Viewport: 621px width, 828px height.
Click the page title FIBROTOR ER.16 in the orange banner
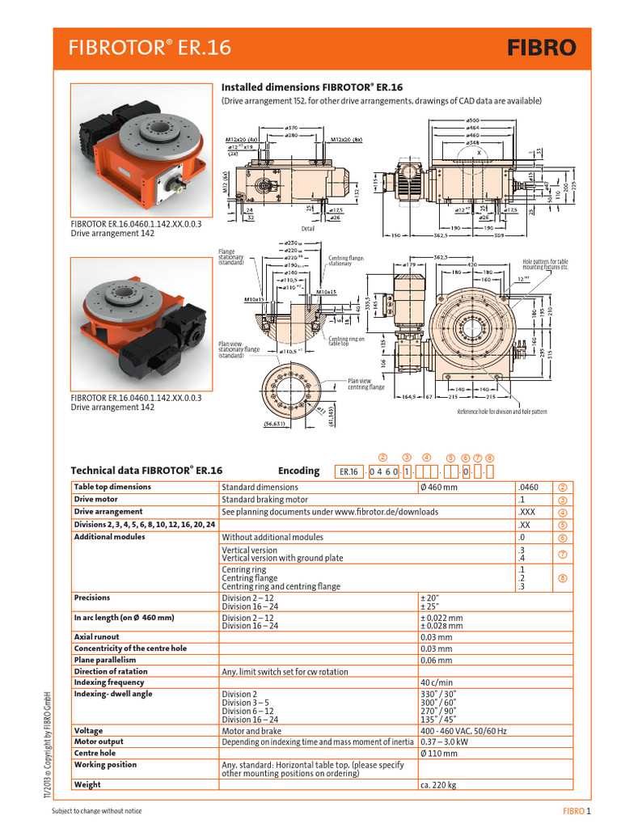(151, 49)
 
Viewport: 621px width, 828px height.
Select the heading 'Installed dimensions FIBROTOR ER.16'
(312, 87)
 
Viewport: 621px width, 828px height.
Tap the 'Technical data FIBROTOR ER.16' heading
(146, 470)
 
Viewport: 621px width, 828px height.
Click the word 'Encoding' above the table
(298, 471)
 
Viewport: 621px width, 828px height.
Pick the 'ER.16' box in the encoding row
(349, 471)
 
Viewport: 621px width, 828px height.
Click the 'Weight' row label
(87, 784)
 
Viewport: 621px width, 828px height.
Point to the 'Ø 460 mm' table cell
(439, 488)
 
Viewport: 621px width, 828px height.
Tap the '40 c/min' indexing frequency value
(437, 682)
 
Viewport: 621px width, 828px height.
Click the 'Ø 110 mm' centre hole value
(439, 753)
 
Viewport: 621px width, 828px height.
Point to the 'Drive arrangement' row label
(108, 512)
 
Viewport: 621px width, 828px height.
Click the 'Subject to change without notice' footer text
(102, 811)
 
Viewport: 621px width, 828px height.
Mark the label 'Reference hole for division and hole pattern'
(502, 412)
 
